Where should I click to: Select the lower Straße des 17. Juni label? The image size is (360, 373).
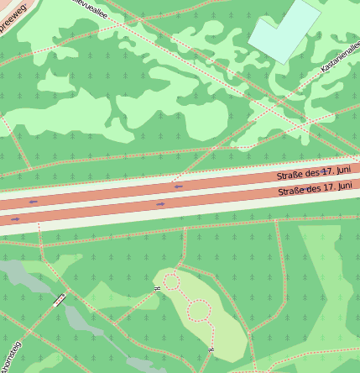pyautogui.click(x=315, y=190)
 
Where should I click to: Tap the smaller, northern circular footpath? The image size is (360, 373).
pyautogui.click(x=171, y=281)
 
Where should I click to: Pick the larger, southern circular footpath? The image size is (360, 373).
pyautogui.click(x=198, y=312)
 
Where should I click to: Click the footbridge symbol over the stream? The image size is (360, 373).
pyautogui.click(x=60, y=300)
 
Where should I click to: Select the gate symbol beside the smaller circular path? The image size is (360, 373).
pyautogui.click(x=156, y=289)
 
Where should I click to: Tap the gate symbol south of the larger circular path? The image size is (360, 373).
pyautogui.click(x=211, y=348)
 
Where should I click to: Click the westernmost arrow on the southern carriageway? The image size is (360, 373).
pyautogui.click(x=14, y=218)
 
